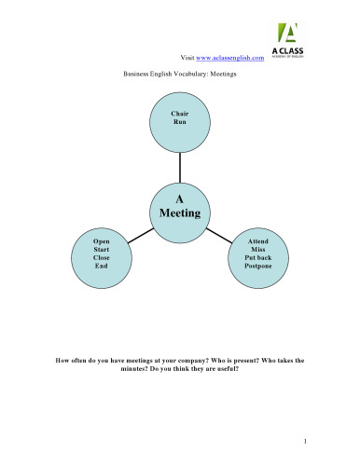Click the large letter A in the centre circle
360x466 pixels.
click(x=179, y=199)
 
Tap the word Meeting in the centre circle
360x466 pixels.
click(x=179, y=213)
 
